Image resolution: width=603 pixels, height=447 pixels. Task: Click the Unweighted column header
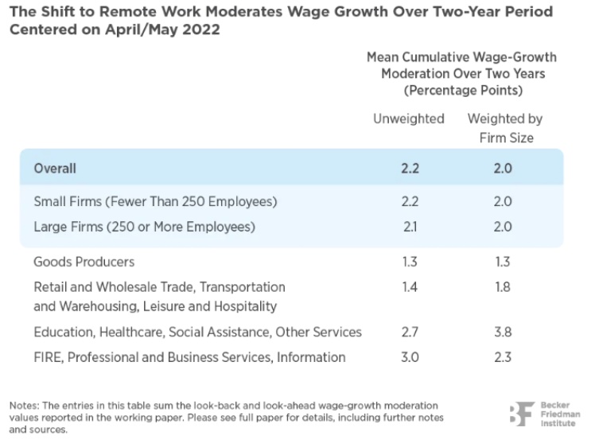click(409, 119)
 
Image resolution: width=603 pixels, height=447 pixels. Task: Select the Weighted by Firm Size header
click(505, 128)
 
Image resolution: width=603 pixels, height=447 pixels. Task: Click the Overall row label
click(55, 169)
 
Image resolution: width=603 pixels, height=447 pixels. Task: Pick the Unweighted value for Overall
click(410, 169)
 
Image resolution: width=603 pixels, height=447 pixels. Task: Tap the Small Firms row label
click(155, 202)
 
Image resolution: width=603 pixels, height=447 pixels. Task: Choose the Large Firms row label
click(144, 227)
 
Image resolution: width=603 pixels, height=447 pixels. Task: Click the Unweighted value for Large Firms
click(410, 227)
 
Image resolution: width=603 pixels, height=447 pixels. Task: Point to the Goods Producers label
click(84, 262)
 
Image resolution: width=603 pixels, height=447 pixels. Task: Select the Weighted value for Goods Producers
click(502, 262)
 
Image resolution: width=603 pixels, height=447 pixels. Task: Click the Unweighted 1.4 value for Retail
click(410, 286)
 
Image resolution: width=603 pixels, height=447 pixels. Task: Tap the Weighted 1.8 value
click(502, 286)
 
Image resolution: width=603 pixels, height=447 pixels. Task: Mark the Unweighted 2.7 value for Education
click(410, 332)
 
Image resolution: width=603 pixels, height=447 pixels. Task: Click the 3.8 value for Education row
click(502, 332)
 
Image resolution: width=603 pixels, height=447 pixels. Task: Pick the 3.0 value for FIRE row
click(410, 357)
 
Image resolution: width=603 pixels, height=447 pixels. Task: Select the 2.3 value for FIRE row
click(502, 357)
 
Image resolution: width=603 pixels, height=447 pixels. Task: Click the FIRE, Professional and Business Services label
click(189, 357)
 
